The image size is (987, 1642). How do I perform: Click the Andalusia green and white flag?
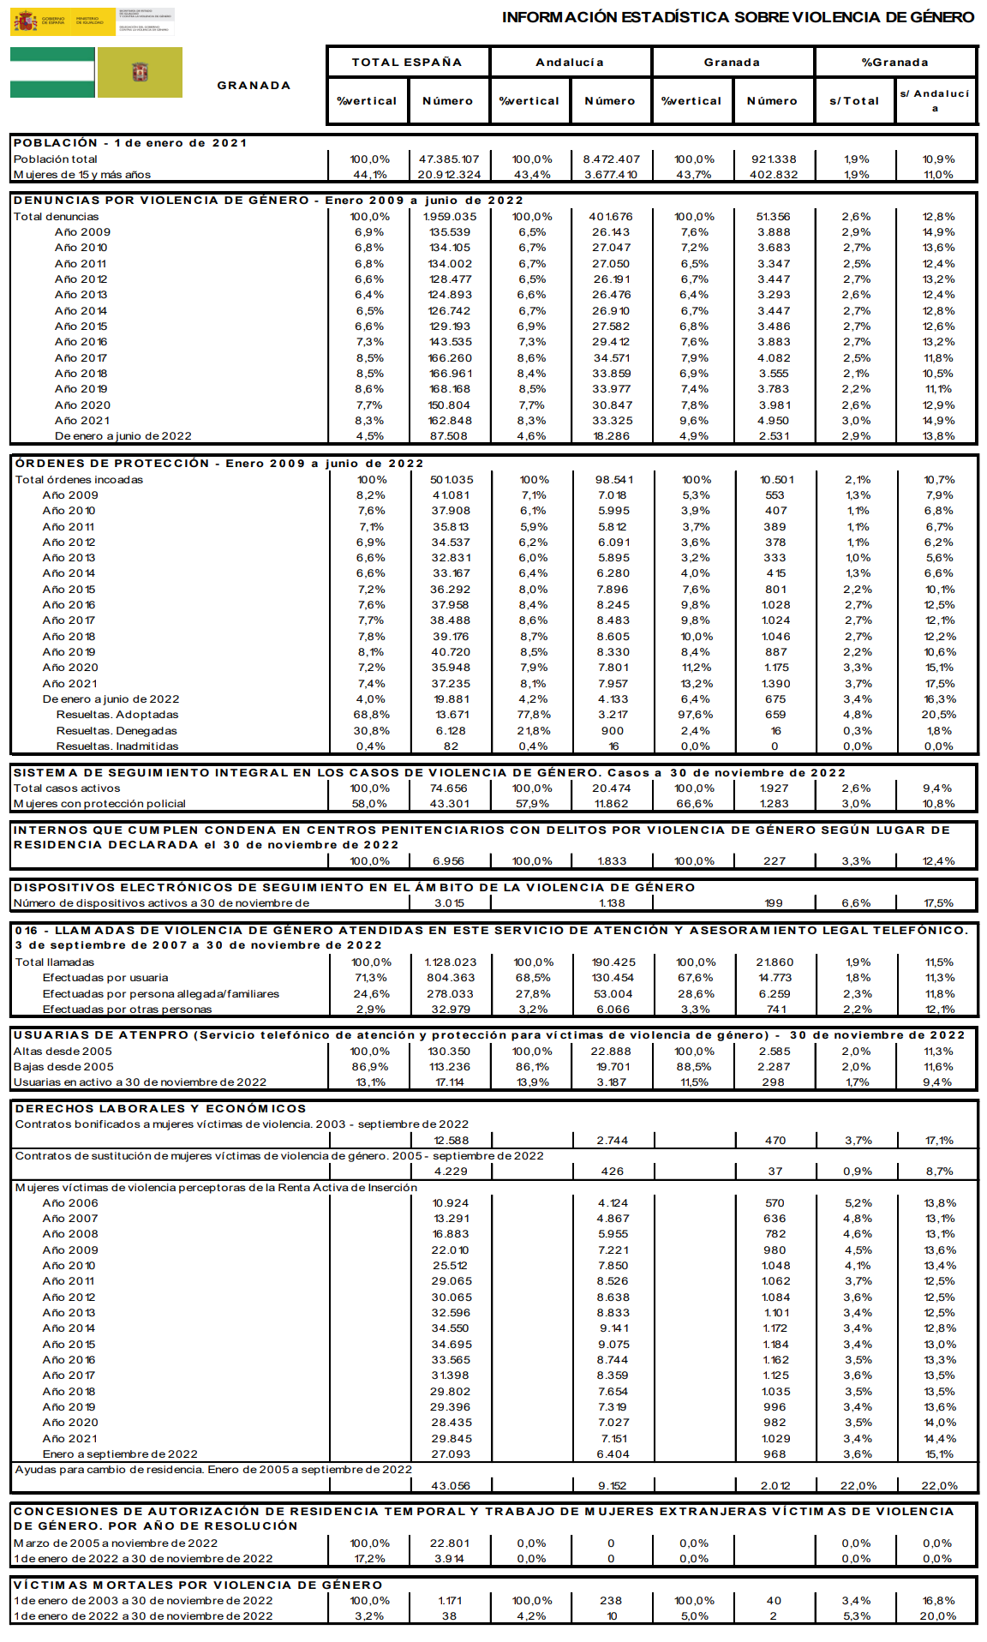point(52,73)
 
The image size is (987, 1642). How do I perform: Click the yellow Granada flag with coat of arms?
point(140,73)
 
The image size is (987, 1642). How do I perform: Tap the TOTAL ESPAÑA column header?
point(407,63)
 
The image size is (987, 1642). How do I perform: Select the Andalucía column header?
point(570,63)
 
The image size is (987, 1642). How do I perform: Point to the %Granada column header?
point(894,63)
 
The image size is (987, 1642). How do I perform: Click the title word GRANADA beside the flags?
point(254,86)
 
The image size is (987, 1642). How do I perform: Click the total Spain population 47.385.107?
point(449,159)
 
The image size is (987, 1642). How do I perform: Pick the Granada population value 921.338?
point(773,159)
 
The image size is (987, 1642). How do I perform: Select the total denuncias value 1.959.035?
point(450,217)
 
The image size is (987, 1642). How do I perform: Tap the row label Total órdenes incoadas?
point(79,480)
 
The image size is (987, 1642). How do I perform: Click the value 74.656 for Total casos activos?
point(449,788)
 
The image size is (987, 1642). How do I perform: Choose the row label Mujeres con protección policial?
point(99,804)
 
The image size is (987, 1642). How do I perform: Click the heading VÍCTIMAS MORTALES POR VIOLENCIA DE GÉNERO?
point(198,1585)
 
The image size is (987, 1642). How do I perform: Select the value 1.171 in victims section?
point(450,1601)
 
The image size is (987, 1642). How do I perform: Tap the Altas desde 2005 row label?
point(63,1052)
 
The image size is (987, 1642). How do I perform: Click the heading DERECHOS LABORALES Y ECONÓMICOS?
point(160,1109)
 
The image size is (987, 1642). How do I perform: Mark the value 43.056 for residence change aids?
point(451,1486)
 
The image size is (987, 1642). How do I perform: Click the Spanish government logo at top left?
point(62,21)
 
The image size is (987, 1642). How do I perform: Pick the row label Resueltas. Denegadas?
point(117,731)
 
